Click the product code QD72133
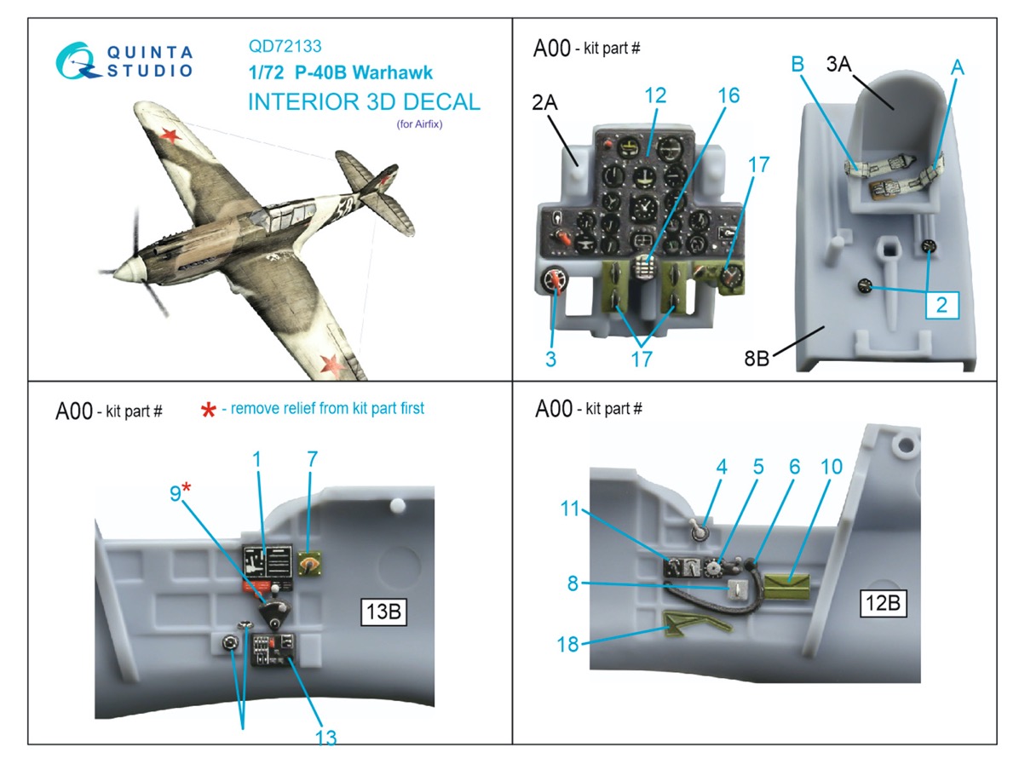[285, 48]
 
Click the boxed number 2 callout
[941, 303]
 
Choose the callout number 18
[567, 644]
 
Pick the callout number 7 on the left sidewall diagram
[312, 459]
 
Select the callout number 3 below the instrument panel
[550, 359]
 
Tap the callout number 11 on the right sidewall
[569, 509]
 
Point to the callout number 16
[728, 95]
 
